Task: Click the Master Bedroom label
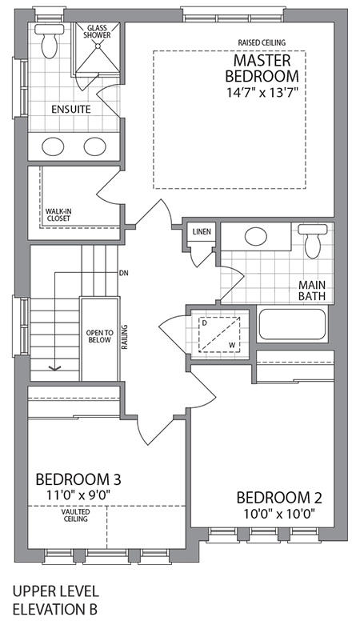[266, 68]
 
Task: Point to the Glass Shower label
[98, 31]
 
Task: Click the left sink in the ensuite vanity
[54, 146]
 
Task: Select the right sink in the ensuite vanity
[95, 146]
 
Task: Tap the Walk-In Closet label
[58, 216]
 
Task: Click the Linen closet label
[202, 232]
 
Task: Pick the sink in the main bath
[256, 237]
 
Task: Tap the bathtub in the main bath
[292, 326]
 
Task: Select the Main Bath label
[310, 290]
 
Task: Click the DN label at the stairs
[123, 273]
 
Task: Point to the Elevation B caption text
[56, 609]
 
